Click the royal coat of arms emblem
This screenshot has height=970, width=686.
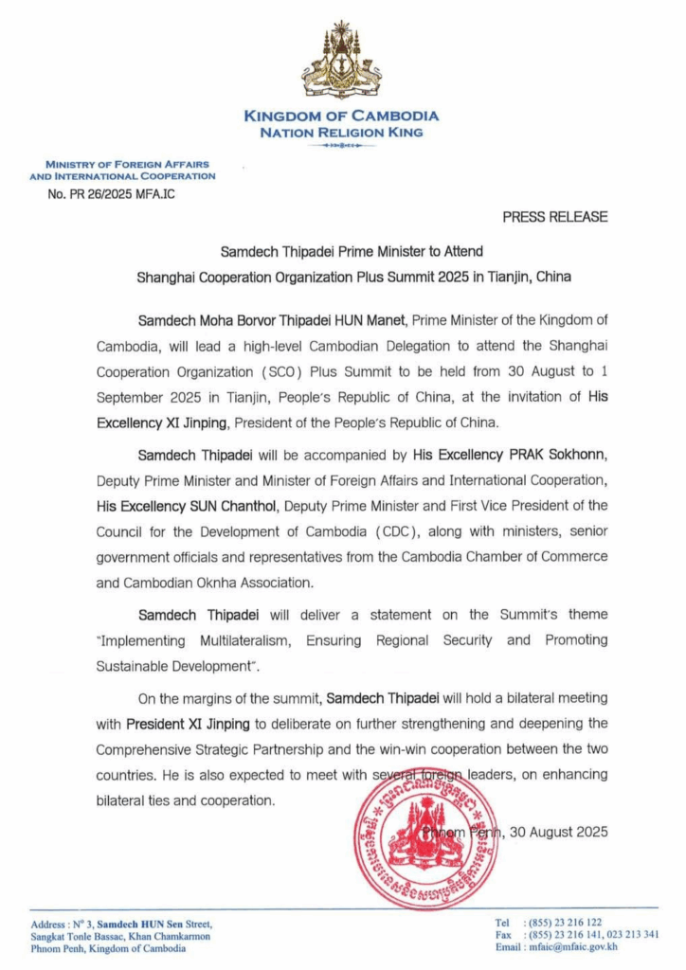pyautogui.click(x=341, y=63)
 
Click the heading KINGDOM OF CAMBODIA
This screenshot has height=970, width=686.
pyautogui.click(x=341, y=116)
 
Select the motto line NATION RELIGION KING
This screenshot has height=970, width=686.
pyautogui.click(x=341, y=133)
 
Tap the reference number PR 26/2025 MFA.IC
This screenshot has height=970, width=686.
pyautogui.click(x=111, y=194)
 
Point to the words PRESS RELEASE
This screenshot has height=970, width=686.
pyautogui.click(x=555, y=217)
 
